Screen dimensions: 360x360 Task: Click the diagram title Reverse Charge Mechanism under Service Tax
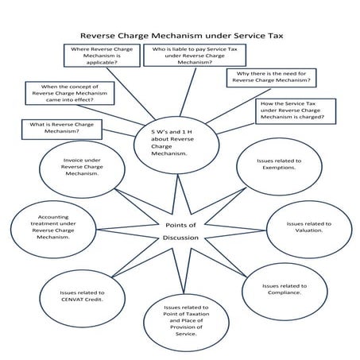(x=180, y=35)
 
